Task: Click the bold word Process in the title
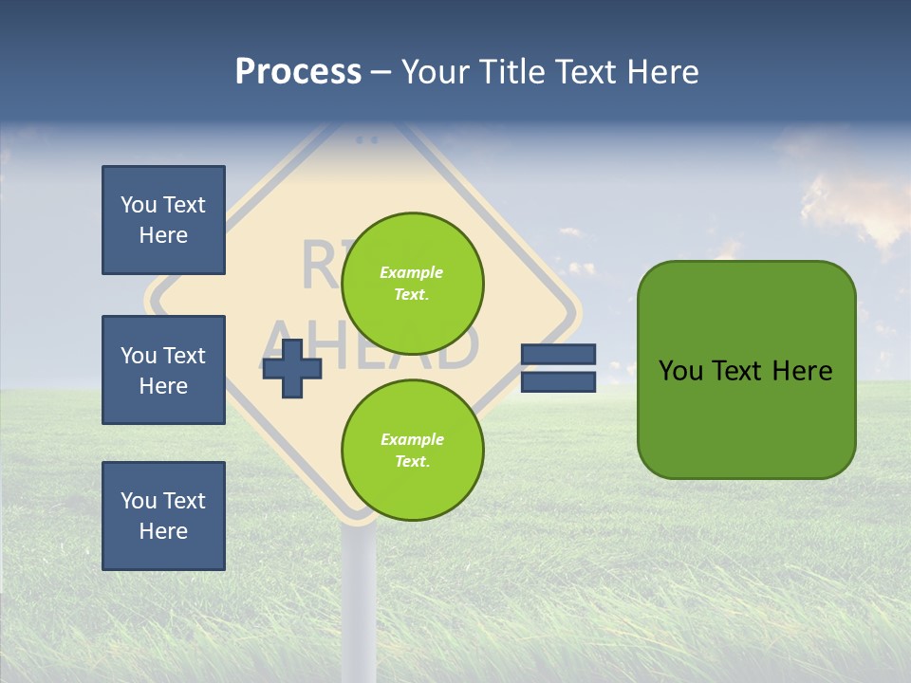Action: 298,71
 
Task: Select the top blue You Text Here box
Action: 163,220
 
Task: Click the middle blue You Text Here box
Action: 163,370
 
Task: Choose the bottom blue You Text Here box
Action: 163,516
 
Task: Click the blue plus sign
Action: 291,367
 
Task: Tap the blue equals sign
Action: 558,368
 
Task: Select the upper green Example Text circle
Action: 412,284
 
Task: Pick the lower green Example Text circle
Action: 412,451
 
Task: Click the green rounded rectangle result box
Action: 746,369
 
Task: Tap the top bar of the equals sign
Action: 558,355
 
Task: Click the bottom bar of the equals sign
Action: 558,382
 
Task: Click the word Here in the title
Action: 662,71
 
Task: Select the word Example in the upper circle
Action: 412,272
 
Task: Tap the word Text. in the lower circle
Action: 412,462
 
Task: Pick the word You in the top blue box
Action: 138,205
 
